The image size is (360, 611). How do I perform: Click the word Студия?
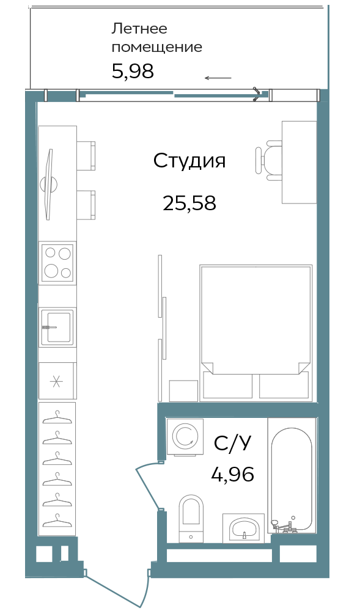pos(189,161)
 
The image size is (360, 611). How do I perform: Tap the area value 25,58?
pos(189,203)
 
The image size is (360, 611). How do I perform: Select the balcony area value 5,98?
pos(133,71)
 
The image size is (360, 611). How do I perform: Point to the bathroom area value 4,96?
pos(233,474)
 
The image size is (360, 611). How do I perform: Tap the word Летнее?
pos(139,29)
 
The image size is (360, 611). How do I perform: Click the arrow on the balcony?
pos(218,78)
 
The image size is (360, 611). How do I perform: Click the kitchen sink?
pos(57,327)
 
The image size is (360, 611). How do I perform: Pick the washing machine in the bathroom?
pos(185,437)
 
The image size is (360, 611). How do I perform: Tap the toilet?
pos(191,518)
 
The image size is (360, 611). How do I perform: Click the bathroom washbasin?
pos(243,528)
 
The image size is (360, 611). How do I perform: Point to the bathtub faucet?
pos(284,525)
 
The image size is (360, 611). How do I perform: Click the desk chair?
pos(269,161)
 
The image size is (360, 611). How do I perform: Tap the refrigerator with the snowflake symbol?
pos(57,381)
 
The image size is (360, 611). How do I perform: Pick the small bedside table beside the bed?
pos(183,391)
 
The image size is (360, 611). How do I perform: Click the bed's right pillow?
pos(284,385)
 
